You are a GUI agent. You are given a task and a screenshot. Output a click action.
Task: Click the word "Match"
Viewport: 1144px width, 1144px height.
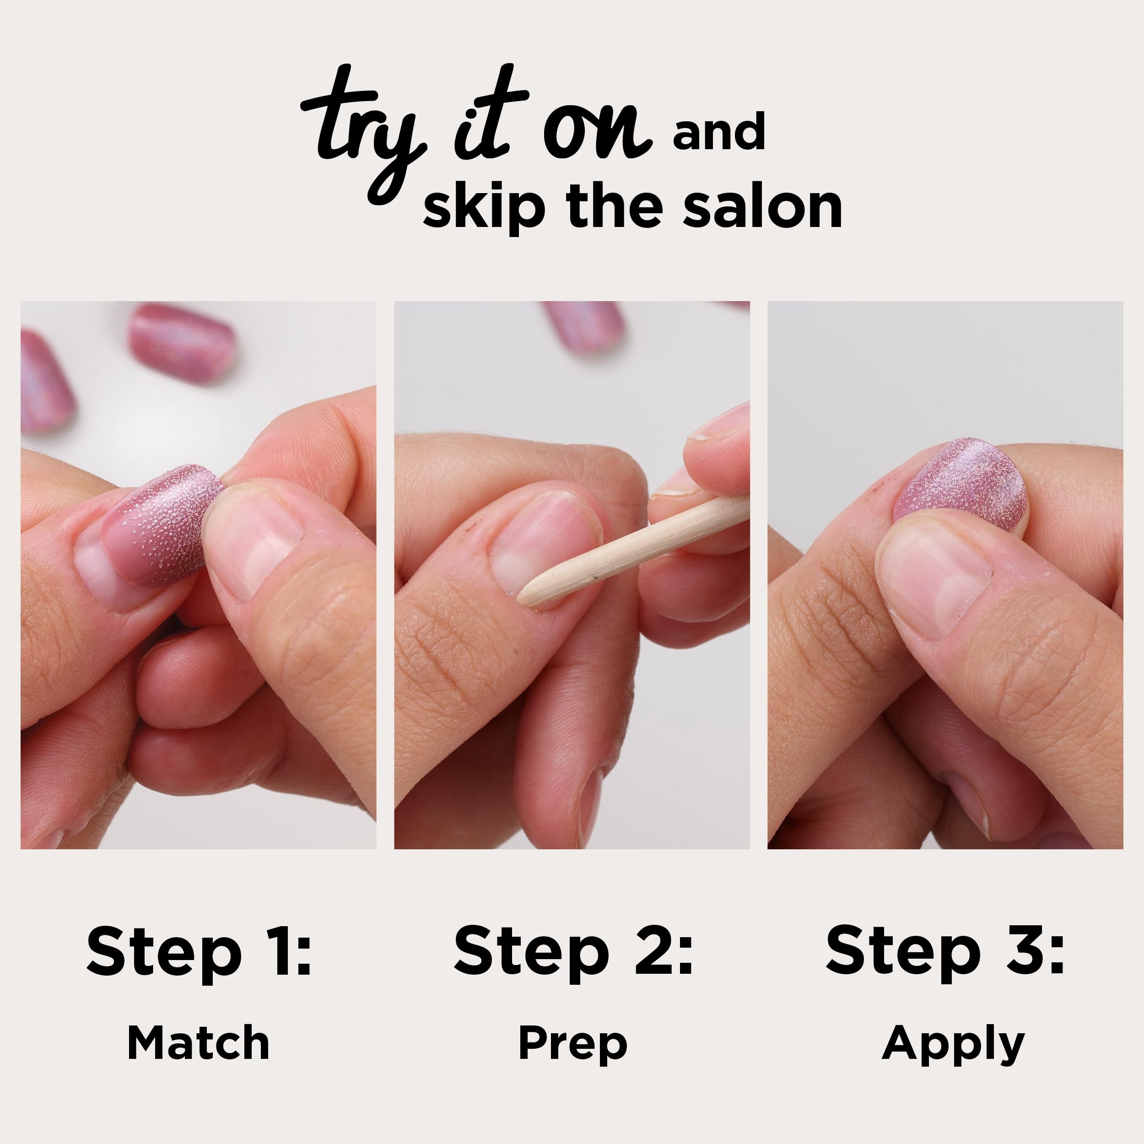(198, 1043)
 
